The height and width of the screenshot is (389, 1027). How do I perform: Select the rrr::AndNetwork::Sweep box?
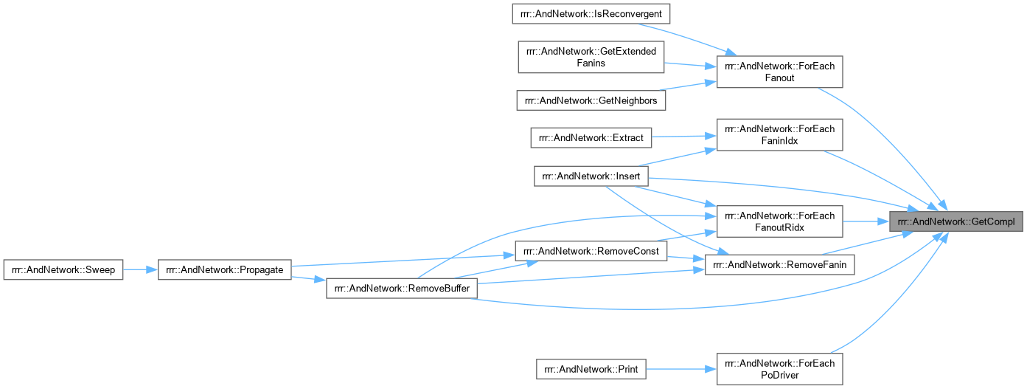point(63,269)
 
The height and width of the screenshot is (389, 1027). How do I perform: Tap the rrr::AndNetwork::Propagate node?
point(226,269)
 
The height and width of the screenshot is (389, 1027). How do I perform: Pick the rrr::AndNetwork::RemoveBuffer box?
point(402,289)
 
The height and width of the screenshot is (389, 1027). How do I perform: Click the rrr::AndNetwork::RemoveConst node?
point(591,251)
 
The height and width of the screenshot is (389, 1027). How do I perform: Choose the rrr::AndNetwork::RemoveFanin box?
point(779,264)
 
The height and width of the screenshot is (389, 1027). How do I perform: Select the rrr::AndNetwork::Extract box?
point(591,137)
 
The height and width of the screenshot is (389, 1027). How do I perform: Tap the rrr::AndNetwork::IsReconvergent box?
point(591,14)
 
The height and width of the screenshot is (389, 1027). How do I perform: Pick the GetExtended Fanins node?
point(591,57)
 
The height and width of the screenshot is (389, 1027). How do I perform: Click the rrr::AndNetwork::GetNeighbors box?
point(591,100)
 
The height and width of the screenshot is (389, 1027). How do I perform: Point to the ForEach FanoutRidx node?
point(779,221)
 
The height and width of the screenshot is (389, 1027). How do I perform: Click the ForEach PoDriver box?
point(779,368)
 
